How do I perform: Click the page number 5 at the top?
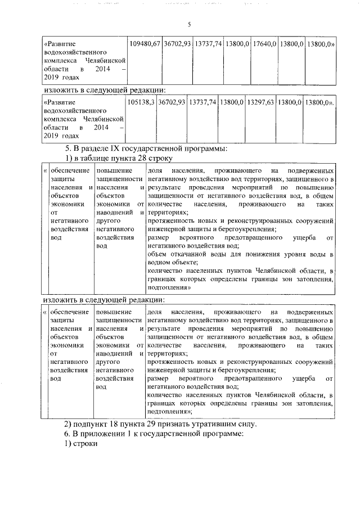(x=190, y=24)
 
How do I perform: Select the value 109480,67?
(x=145, y=43)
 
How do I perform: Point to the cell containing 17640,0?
(x=263, y=43)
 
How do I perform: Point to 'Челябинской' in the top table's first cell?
(x=105, y=59)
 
